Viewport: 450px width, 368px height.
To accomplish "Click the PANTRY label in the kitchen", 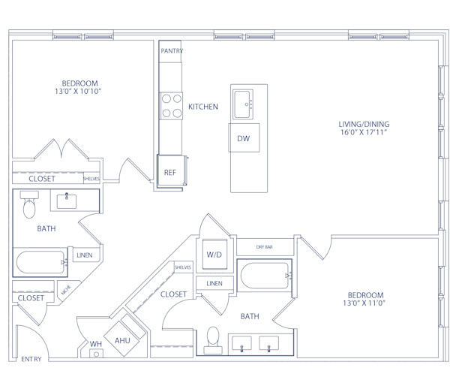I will pos(172,51).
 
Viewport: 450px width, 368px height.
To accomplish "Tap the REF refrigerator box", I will pos(169,173).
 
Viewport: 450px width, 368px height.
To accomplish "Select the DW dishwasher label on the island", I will pos(243,139).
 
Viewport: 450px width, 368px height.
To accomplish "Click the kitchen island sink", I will pos(243,104).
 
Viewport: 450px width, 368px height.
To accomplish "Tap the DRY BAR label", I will pos(265,247).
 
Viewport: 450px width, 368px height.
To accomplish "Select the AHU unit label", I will pos(123,339).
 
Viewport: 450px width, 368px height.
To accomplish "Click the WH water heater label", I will pos(95,344).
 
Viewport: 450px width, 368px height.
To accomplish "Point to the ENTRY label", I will pos(31,359).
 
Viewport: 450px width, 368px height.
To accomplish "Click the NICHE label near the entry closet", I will pos(67,288).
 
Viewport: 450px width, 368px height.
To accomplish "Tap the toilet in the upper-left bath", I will pos(29,205).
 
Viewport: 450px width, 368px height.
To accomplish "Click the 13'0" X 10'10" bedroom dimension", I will pos(79,91).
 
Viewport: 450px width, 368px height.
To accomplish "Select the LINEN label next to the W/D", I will pos(214,283).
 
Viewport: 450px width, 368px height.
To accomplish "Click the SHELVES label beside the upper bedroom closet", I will pos(91,179).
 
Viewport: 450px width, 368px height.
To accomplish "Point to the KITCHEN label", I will pos(202,107).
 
